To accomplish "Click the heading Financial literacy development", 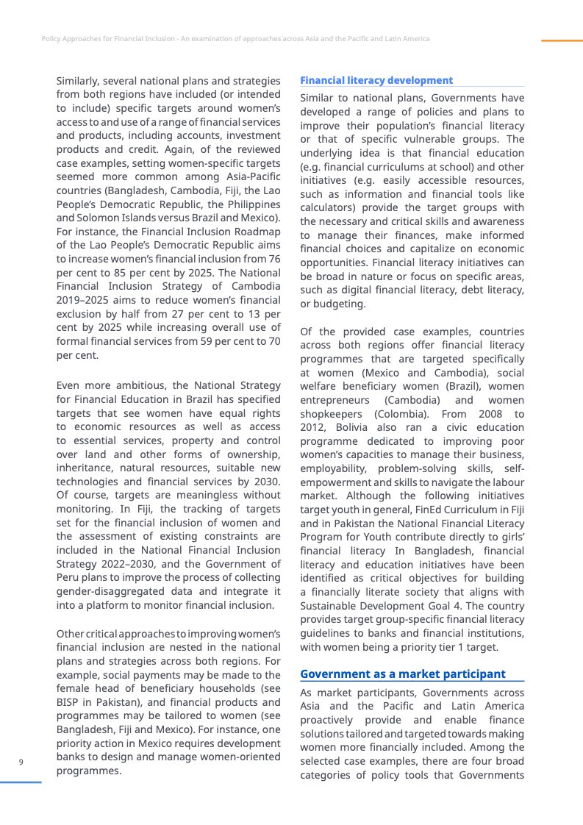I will click(376, 80).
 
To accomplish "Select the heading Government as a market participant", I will click(403, 674).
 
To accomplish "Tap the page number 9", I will click(21, 761).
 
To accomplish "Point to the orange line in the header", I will click(561, 40).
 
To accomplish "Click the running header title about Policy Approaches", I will click(235, 38).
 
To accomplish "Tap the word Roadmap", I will click(257, 232).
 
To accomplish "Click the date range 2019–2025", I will click(80, 301).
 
